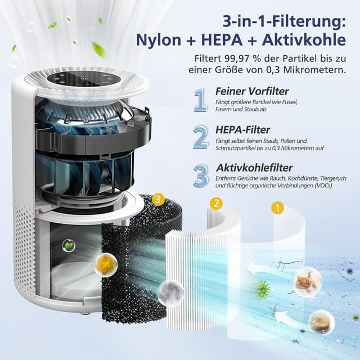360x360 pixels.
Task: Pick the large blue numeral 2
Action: coord(201,137)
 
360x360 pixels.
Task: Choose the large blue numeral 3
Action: coord(201,175)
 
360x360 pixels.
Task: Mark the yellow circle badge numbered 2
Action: coord(215,203)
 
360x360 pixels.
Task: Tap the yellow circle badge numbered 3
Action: coord(159,199)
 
